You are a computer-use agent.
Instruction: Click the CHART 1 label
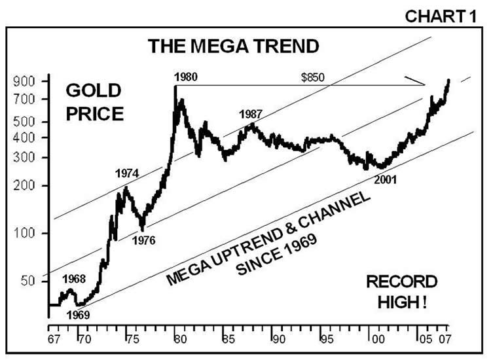[446, 16]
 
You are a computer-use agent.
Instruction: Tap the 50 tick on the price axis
[34, 281]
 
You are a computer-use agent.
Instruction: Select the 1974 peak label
[127, 173]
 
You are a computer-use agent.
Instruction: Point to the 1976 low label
[143, 240]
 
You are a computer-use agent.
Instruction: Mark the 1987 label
[251, 113]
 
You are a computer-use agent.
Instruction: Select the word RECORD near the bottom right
[401, 282]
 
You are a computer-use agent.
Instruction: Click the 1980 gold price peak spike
[175, 88]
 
